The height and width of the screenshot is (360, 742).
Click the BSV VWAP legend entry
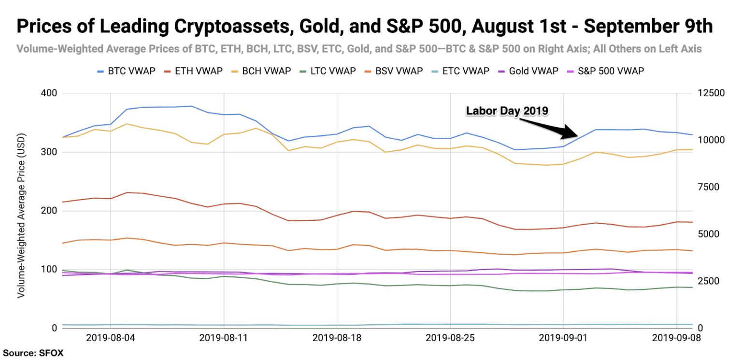(x=399, y=71)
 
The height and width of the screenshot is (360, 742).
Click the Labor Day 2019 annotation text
(x=507, y=111)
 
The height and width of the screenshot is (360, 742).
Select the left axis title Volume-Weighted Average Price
(x=21, y=210)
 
